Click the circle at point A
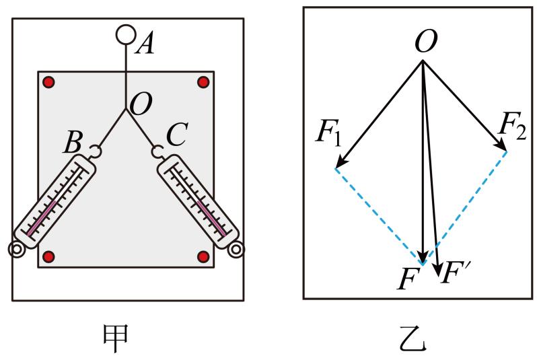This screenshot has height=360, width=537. point(126,26)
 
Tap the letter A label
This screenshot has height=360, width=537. point(145,43)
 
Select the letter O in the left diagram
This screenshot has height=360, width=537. point(141,104)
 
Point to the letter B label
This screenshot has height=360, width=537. point(73,141)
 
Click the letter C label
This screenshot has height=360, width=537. point(177,135)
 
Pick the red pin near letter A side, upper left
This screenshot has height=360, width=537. point(48,82)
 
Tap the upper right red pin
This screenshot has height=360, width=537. point(203,82)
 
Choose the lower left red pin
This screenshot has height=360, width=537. point(49,256)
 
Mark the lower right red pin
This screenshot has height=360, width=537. point(203,256)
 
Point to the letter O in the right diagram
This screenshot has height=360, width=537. point(426,41)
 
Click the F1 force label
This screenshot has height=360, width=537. point(328,132)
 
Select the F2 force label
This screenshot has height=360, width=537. point(512,124)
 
